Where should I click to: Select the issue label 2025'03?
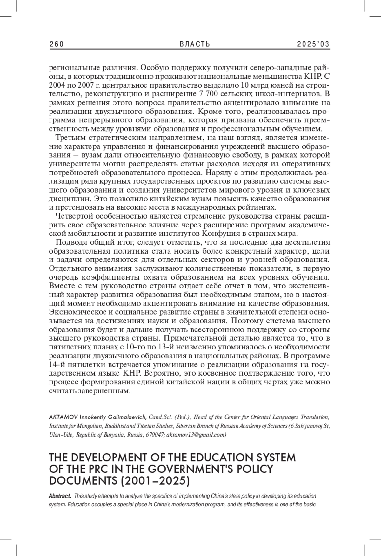pos(313,44)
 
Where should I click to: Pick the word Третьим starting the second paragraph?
pos(70,138)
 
